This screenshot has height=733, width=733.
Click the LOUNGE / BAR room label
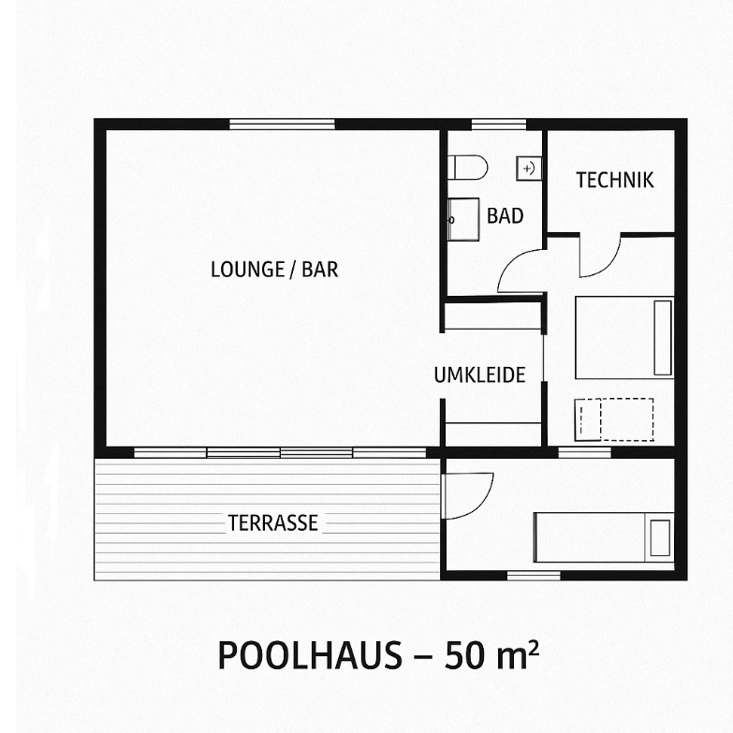pyautogui.click(x=274, y=270)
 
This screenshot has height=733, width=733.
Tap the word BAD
pyautogui.click(x=505, y=216)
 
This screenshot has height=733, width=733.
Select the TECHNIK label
pyautogui.click(x=614, y=181)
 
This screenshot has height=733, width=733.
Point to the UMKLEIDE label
pyautogui.click(x=479, y=374)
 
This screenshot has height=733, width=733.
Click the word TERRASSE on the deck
pyautogui.click(x=273, y=522)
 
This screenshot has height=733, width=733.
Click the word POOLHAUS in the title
pyautogui.click(x=310, y=655)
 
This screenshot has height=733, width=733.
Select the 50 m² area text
pyautogui.click(x=491, y=654)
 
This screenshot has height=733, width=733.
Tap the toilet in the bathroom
pyautogui.click(x=467, y=168)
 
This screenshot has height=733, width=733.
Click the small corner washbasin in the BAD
pyautogui.click(x=529, y=169)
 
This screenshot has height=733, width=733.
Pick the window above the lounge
pyautogui.click(x=282, y=125)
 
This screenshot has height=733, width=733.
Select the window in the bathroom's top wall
pyautogui.click(x=499, y=125)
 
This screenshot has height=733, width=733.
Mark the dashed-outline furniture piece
pyautogui.click(x=614, y=419)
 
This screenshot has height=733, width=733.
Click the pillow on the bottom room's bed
pyautogui.click(x=660, y=537)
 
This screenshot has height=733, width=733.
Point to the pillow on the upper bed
pyautogui.click(x=663, y=338)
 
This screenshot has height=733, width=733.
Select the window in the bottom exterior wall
pyautogui.click(x=534, y=576)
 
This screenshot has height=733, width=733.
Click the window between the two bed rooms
pyautogui.click(x=584, y=452)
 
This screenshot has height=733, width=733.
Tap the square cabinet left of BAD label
pyautogui.click(x=463, y=219)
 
